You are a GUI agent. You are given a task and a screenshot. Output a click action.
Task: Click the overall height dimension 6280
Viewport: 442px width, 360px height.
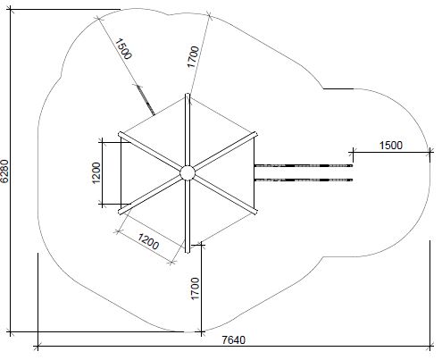(4, 171)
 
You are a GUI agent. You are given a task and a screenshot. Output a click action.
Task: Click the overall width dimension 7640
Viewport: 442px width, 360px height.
(234, 339)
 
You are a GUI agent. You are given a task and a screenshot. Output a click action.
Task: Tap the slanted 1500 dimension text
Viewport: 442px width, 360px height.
(123, 49)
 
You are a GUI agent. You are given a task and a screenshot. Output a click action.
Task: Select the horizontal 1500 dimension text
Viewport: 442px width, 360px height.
(391, 146)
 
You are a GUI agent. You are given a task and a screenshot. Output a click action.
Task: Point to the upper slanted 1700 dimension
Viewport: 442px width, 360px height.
(193, 56)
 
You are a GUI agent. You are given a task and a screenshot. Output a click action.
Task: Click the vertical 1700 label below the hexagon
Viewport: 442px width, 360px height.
(195, 289)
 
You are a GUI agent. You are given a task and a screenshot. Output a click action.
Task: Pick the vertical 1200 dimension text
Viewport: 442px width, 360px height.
(96, 173)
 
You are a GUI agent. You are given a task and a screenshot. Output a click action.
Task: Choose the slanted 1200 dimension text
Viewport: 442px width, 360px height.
(148, 241)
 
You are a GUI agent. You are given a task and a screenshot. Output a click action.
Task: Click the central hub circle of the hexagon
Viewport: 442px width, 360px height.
(188, 172)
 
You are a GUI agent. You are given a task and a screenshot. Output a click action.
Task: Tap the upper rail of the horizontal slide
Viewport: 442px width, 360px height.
(304, 165)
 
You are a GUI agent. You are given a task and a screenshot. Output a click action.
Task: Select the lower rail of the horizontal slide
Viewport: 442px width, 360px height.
(304, 180)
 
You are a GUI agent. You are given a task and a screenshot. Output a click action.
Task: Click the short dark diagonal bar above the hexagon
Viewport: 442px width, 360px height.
(146, 100)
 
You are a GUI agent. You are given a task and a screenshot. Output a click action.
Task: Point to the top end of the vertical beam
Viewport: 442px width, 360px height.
(188, 94)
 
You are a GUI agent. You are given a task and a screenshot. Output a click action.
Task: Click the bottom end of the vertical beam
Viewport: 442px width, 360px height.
(188, 252)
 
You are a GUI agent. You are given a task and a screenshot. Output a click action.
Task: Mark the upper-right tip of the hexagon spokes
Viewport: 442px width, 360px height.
(255, 134)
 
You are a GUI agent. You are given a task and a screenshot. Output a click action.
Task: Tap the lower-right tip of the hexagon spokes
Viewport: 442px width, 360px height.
(255, 212)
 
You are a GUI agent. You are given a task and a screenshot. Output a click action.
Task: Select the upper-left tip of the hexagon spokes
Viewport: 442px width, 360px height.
(120, 134)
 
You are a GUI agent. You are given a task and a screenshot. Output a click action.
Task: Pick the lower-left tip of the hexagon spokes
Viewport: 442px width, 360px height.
(120, 212)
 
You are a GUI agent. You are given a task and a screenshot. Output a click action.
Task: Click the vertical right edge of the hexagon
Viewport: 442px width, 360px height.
(254, 172)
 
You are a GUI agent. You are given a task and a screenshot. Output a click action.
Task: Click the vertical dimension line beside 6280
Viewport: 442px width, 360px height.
(11, 171)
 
